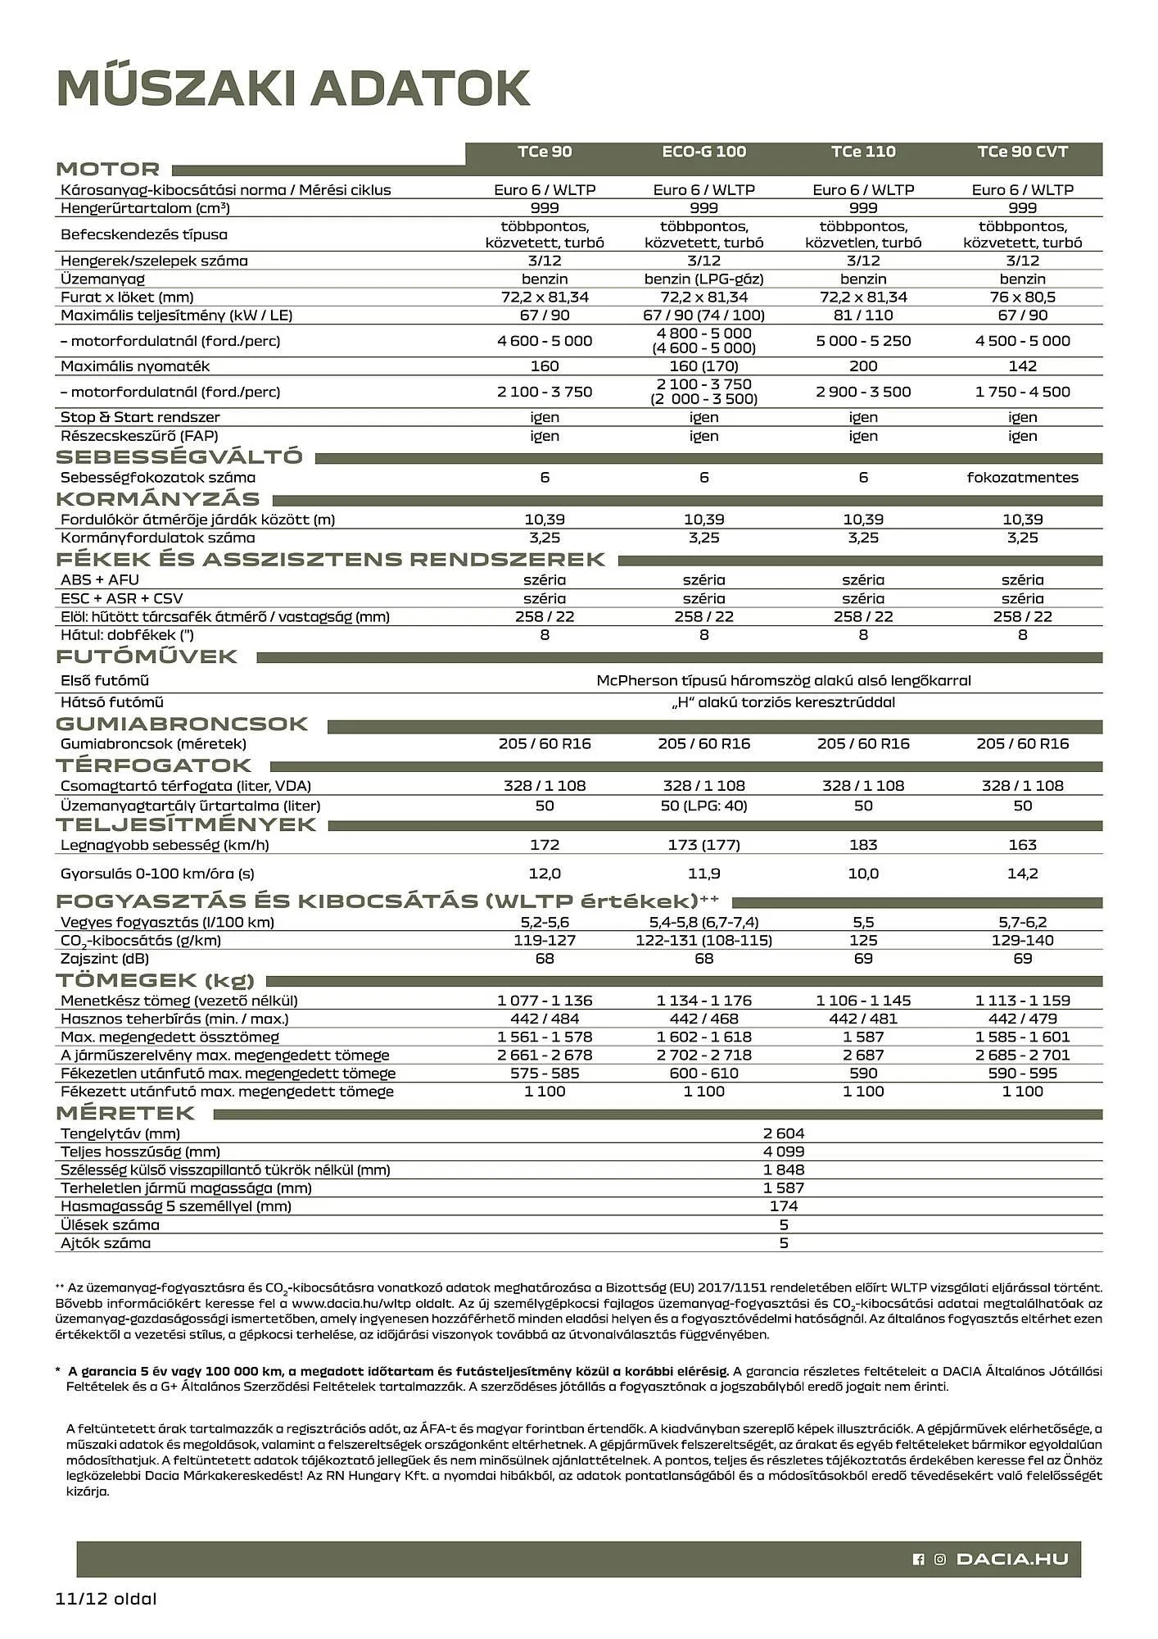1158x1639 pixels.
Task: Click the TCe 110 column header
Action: coord(863,152)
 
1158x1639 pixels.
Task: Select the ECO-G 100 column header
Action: coord(703,152)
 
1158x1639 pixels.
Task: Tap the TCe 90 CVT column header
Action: coord(1022,152)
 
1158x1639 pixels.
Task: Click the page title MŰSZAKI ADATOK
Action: coord(293,89)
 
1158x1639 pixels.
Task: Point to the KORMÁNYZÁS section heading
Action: coord(157,499)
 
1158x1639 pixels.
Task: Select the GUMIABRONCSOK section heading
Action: coord(182,724)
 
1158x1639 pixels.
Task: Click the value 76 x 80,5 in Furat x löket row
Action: coord(1022,297)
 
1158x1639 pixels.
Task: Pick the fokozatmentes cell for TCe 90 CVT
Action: coord(1022,478)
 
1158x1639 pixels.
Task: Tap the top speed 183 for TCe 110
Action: coord(863,845)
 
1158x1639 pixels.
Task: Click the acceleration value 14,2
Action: coord(1022,874)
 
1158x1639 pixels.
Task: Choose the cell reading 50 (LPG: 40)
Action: coord(703,806)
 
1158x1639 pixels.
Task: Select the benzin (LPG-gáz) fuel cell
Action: coord(703,279)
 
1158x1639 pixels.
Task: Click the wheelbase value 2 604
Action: coord(784,1133)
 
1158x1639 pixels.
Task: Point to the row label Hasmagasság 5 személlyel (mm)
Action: coord(176,1206)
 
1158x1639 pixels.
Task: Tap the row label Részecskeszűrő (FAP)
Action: coord(139,436)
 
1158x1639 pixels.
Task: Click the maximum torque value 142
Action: coord(1022,366)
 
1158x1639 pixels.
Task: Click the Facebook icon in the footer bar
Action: coord(919,1560)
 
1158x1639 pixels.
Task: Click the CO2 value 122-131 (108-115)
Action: coord(703,941)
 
